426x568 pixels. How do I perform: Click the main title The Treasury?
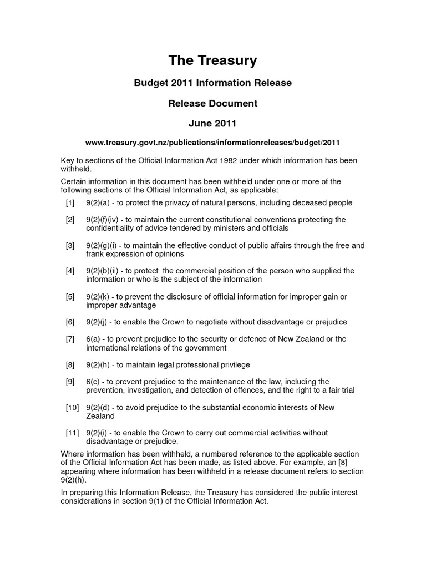(213, 60)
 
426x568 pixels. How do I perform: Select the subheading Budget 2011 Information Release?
(213, 83)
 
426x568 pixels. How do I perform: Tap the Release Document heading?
(213, 103)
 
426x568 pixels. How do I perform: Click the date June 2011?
(213, 123)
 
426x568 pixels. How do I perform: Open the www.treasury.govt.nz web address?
(213, 143)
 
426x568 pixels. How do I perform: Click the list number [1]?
(70, 203)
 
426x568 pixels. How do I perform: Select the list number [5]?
(70, 297)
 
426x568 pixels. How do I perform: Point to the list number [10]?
(72, 408)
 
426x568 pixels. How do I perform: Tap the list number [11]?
(72, 433)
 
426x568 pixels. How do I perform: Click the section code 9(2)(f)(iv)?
(104, 220)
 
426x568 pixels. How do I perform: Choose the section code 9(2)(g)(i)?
(103, 245)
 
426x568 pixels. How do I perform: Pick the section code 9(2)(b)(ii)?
(104, 271)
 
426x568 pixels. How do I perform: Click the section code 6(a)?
(94, 339)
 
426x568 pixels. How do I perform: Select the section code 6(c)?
(94, 382)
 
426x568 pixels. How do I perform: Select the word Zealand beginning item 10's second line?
(100, 416)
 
